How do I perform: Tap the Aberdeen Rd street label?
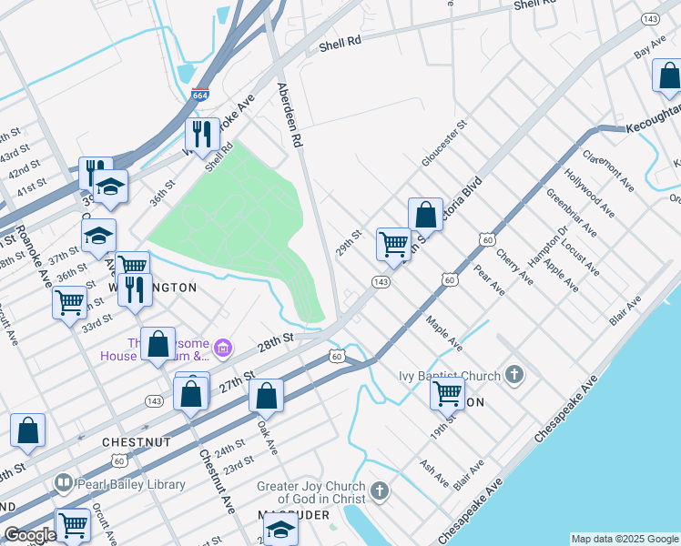coord(290,115)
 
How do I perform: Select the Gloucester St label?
coord(443,143)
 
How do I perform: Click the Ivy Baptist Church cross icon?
coord(514,375)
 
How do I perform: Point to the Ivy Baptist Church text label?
coord(450,376)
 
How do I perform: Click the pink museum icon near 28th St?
coord(223,347)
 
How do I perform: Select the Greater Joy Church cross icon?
coord(380,492)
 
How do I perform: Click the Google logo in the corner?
coord(29,535)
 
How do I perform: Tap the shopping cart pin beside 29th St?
coord(393,244)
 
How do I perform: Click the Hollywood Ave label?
coord(582,189)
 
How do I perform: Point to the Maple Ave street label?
coord(444,334)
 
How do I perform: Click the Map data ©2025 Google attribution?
coord(624,539)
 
